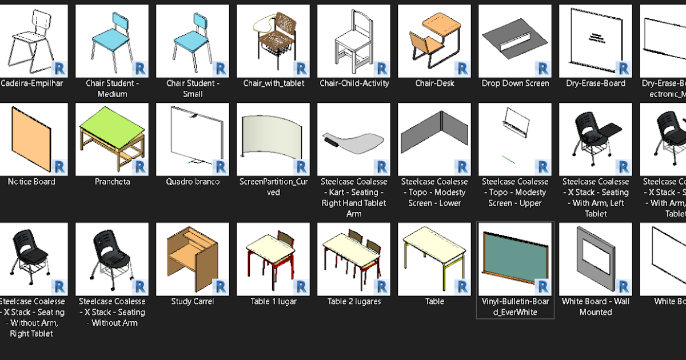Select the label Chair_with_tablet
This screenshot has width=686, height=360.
click(273, 83)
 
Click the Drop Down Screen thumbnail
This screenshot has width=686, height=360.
click(514, 40)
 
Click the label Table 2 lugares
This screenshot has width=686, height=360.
click(354, 302)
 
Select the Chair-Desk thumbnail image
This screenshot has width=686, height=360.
click(434, 40)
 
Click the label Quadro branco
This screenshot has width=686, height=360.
click(193, 182)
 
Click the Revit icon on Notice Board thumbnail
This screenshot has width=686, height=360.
click(59, 167)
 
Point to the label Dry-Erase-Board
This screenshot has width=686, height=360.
click(596, 83)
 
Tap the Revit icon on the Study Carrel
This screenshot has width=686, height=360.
click(221, 287)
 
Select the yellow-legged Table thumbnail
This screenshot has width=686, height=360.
click(434, 251)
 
